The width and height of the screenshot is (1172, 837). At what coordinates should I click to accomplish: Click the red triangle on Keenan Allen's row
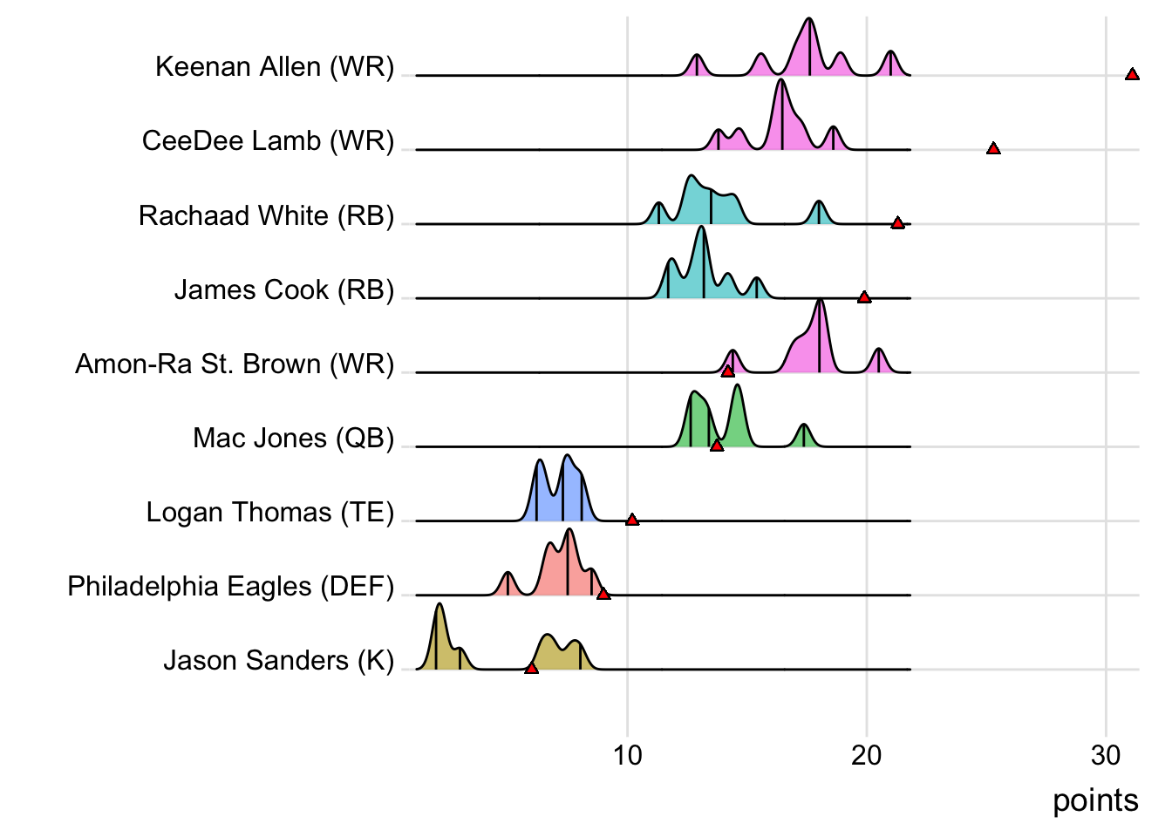click(x=1132, y=74)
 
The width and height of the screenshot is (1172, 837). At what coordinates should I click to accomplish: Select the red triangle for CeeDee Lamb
click(x=993, y=148)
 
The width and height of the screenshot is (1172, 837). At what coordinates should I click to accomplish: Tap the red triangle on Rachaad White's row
click(x=897, y=223)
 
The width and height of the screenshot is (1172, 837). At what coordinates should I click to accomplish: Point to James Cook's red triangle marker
click(x=864, y=297)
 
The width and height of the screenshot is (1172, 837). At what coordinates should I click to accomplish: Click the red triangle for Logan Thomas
click(x=632, y=520)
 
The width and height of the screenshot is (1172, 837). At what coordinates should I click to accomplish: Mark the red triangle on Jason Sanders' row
click(x=532, y=668)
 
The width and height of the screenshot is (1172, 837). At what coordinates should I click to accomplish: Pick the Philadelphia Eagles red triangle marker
click(x=603, y=594)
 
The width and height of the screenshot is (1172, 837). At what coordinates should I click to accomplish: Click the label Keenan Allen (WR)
click(x=275, y=67)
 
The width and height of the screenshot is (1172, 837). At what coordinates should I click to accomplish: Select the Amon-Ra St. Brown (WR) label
click(x=235, y=364)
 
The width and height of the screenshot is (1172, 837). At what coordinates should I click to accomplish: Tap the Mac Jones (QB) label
click(x=294, y=438)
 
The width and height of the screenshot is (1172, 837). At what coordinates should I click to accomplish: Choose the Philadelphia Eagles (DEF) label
click(x=231, y=586)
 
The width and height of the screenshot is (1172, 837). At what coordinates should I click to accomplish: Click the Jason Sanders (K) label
click(x=279, y=660)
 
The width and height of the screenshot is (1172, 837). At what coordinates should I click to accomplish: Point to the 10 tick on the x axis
click(x=627, y=755)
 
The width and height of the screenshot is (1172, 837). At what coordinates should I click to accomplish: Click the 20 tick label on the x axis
click(x=866, y=755)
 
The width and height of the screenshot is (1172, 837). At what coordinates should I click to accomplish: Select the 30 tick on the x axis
click(x=1105, y=755)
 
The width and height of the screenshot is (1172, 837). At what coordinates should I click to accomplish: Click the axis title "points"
click(x=1095, y=800)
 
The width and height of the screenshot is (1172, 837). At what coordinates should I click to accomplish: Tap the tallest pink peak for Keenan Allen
click(x=810, y=21)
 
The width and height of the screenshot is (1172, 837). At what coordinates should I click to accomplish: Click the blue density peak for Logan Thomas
click(x=568, y=457)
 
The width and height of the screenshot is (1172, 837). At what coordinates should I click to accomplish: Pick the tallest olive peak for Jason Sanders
click(x=439, y=605)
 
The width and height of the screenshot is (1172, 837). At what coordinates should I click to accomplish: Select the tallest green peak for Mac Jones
click(x=737, y=386)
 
